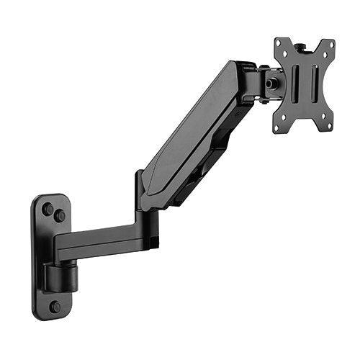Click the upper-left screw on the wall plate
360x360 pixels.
(48, 209)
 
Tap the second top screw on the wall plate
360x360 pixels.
(60, 215)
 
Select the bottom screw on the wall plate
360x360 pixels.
(55, 306)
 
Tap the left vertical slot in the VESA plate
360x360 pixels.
(294, 85)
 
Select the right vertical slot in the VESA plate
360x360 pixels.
(315, 84)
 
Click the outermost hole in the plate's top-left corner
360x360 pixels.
(279, 42)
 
